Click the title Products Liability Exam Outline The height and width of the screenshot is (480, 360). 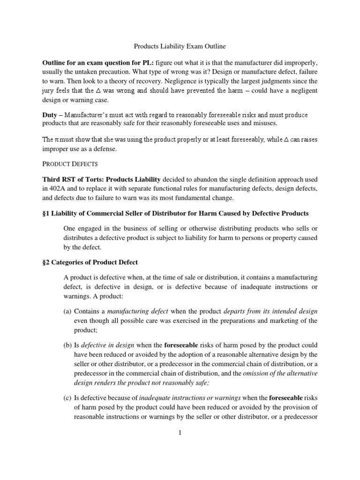tap(180, 47)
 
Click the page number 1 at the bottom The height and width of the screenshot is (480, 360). tap(180, 433)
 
